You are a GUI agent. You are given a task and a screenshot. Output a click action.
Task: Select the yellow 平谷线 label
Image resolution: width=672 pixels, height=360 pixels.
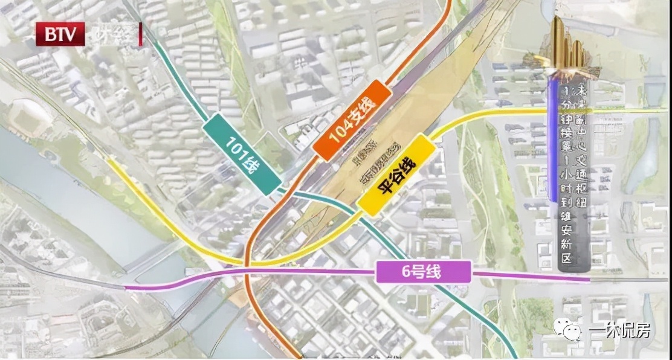(396, 175)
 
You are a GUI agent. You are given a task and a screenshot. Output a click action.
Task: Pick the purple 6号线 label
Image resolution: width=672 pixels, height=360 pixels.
(423, 272)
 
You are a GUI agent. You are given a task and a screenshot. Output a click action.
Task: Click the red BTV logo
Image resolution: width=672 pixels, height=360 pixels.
(60, 34)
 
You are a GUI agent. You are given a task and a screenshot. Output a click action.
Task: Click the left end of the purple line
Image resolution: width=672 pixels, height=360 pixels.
(126, 288)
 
